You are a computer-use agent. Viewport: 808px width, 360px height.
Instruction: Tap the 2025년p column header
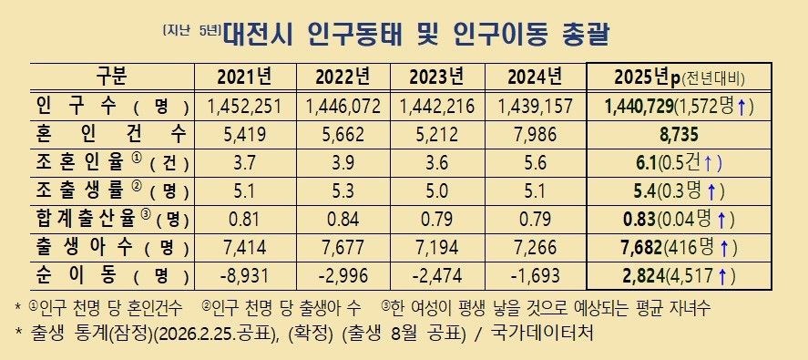(679, 76)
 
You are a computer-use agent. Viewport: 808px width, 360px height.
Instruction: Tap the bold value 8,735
(679, 135)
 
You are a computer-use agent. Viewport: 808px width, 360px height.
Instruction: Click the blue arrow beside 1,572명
(742, 107)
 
